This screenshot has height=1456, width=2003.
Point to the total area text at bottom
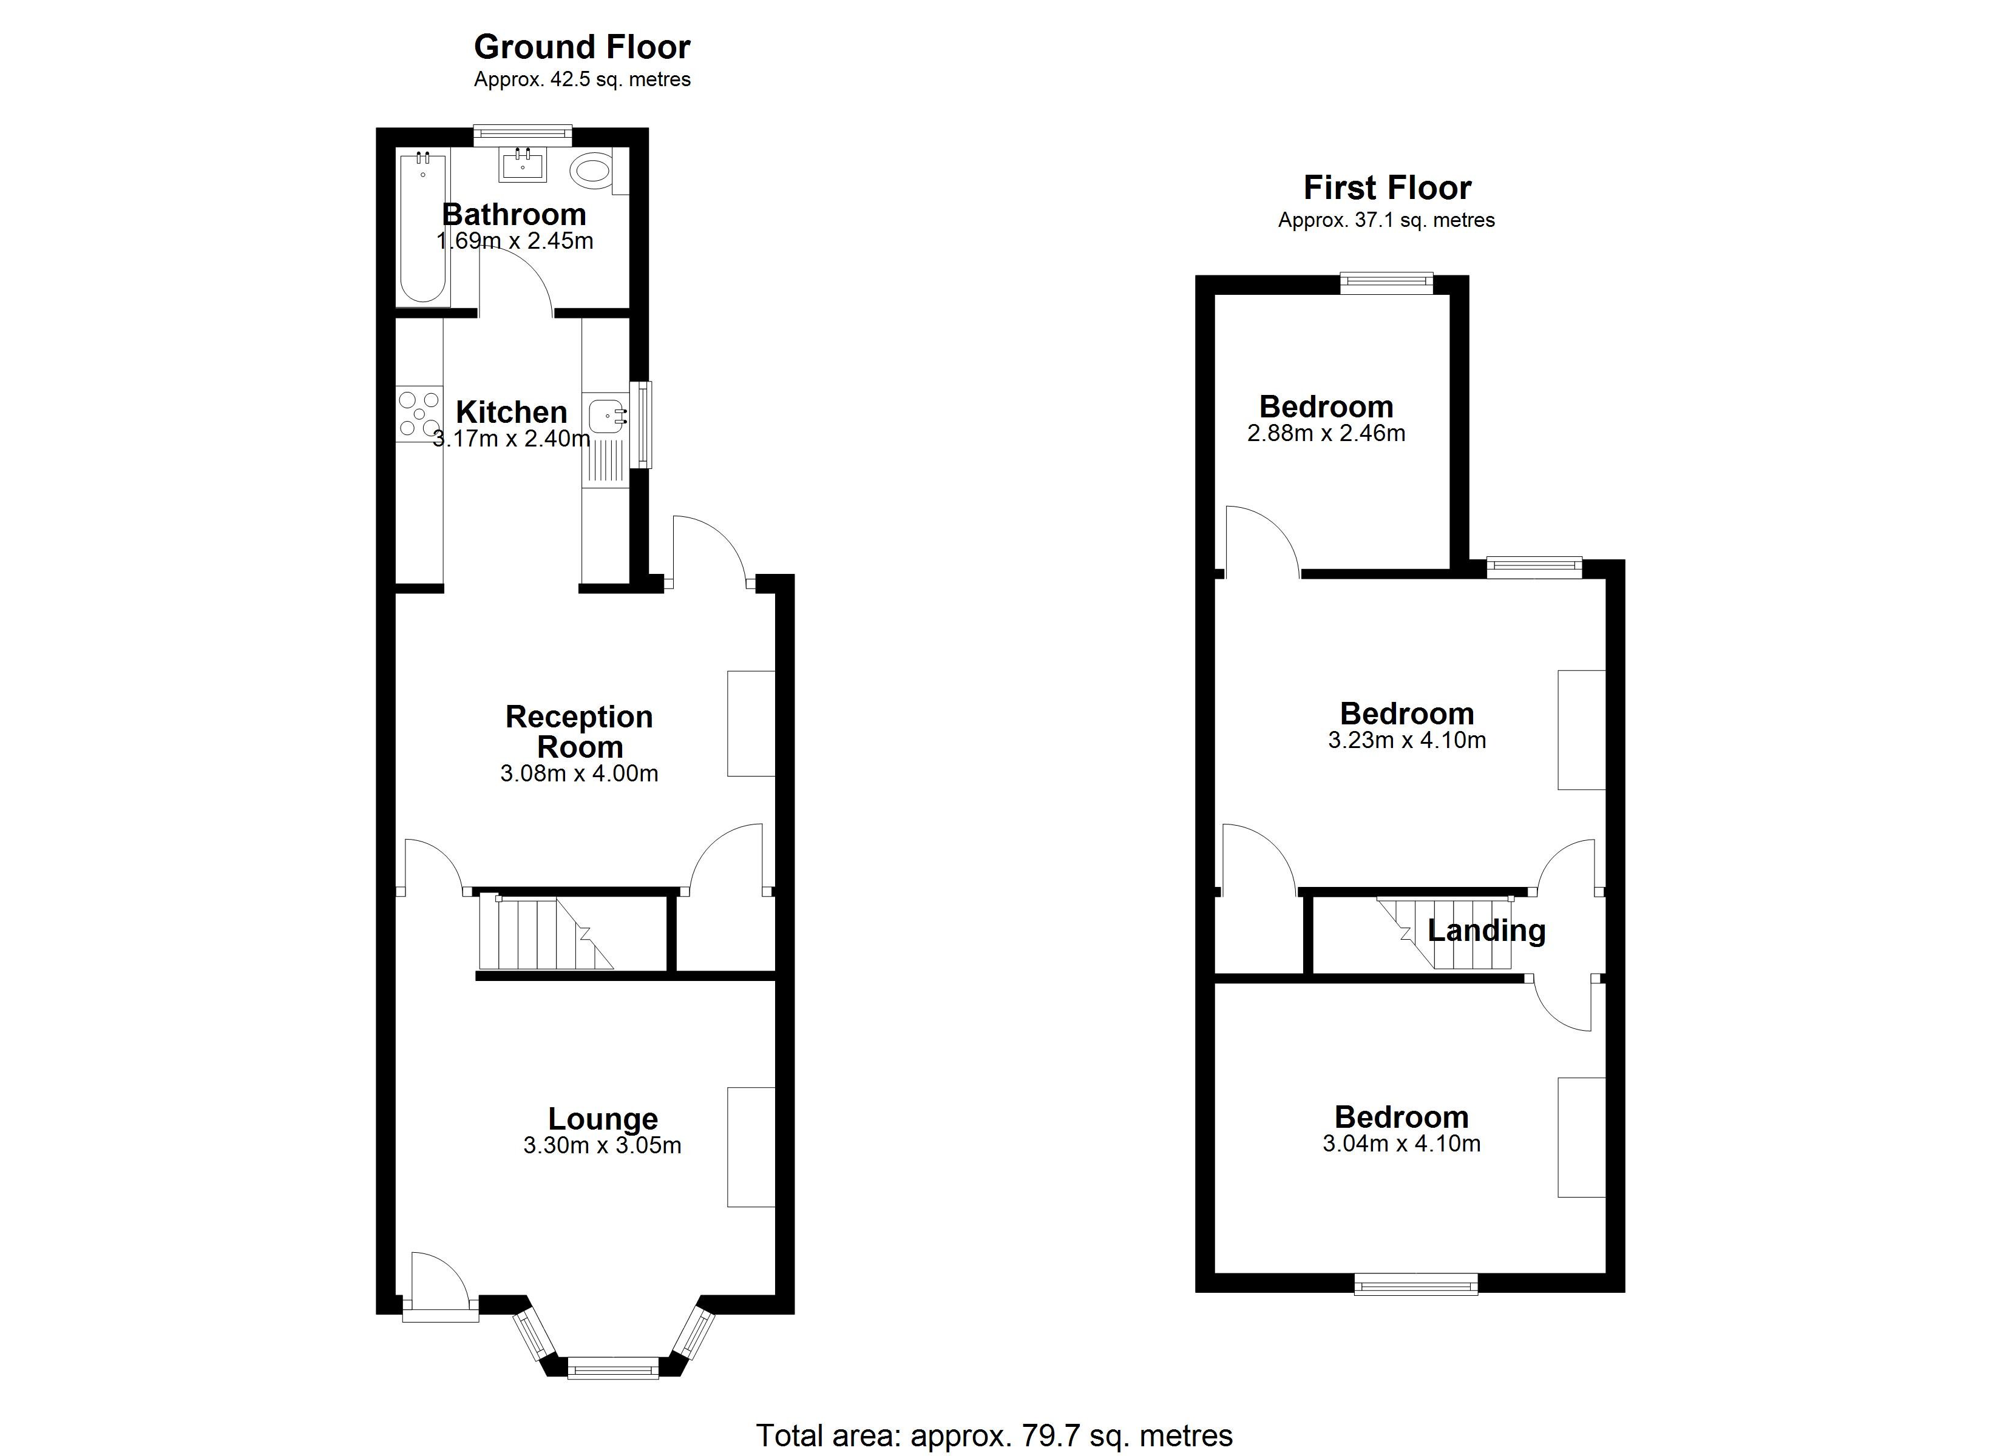[994, 1435]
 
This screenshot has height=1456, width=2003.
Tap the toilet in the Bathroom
[591, 170]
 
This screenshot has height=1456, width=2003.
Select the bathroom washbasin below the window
[522, 164]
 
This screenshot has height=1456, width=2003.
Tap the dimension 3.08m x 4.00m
[578, 774]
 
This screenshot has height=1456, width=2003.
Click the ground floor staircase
[543, 933]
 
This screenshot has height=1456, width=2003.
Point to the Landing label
[1486, 930]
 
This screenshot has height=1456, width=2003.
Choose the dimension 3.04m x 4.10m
[1401, 1144]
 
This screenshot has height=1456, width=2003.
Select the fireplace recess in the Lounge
[751, 1146]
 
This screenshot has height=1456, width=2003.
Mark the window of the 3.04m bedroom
[1415, 1284]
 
